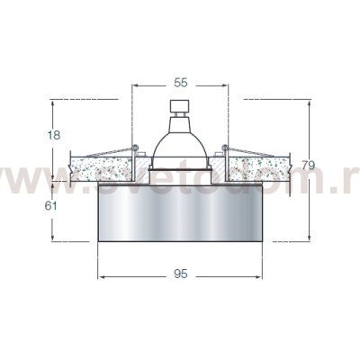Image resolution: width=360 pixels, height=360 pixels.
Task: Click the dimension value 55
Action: click(x=180, y=82)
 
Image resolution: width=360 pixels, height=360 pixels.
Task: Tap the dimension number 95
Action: click(x=180, y=274)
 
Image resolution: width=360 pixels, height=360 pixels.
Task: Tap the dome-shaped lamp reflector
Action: click(x=180, y=144)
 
